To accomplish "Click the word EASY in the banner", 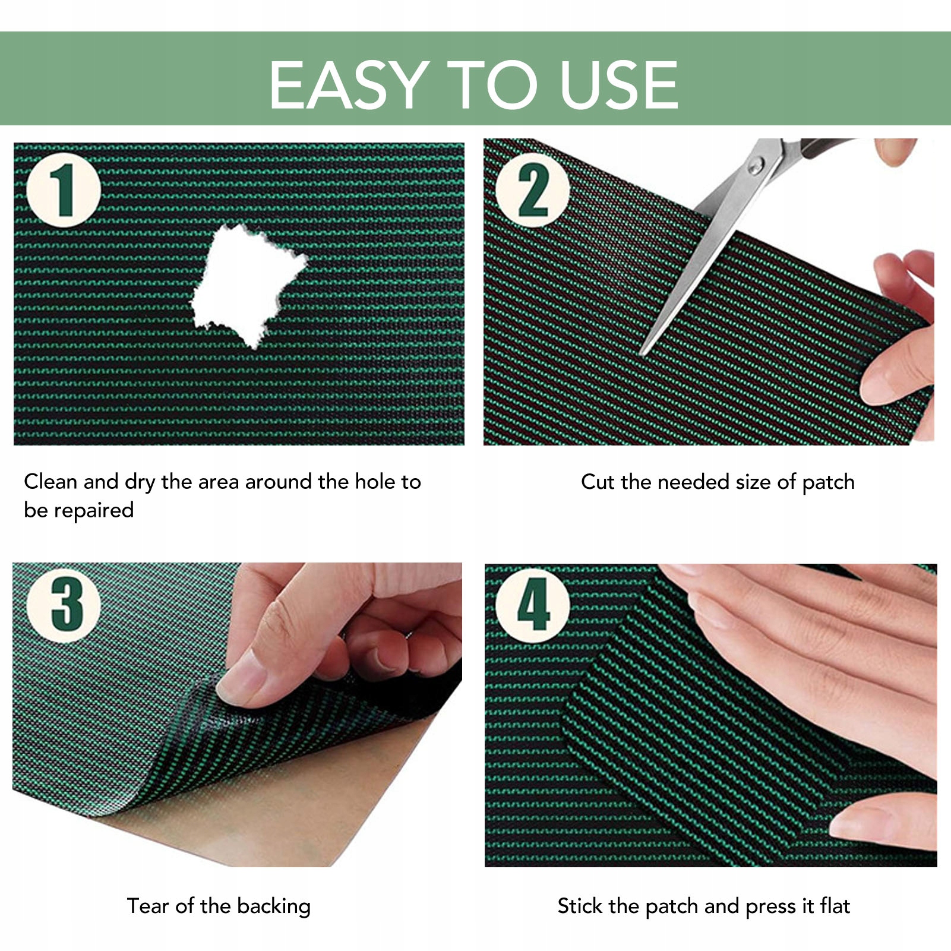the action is point(349,84).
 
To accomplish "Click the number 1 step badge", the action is point(64,190).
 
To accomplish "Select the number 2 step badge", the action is point(533,190).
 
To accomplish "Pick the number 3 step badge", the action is point(64,606).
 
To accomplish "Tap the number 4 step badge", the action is point(533,606).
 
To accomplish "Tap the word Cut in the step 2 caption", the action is point(598,482).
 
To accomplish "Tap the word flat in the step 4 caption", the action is point(835,906).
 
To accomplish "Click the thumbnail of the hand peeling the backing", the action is point(237,715).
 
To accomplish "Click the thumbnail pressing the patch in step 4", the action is point(710,715).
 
